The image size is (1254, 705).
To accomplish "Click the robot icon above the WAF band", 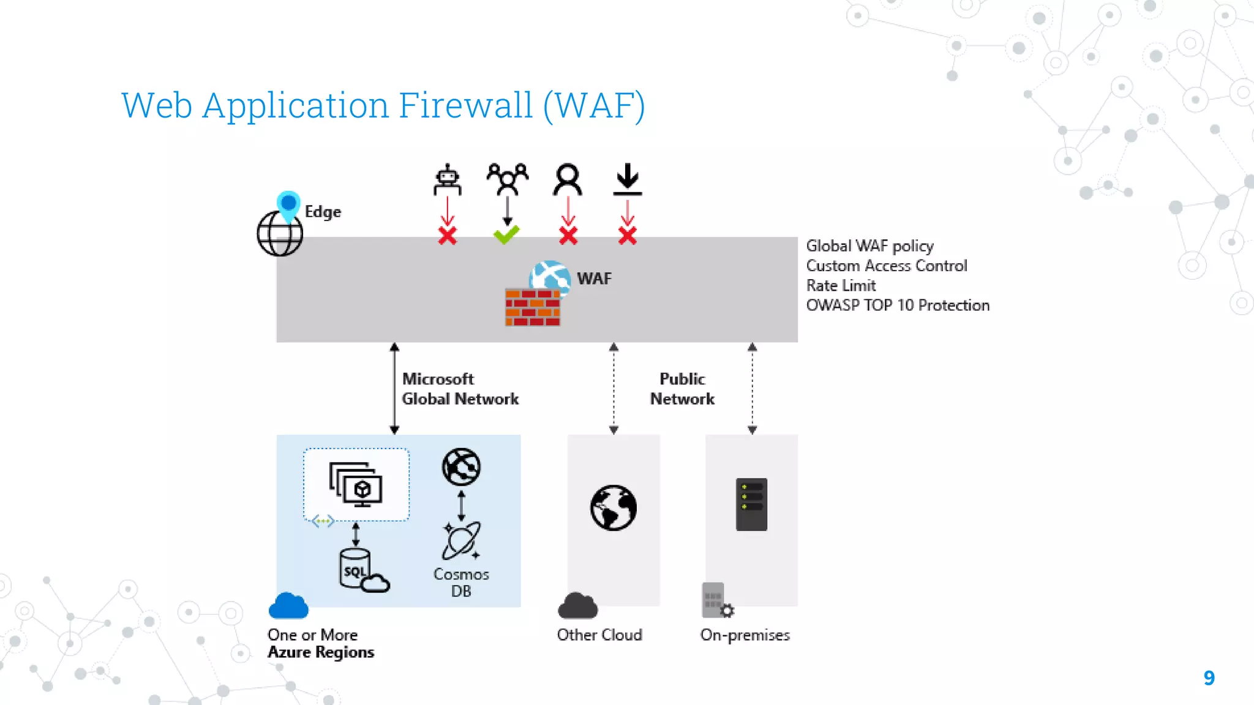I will tap(447, 179).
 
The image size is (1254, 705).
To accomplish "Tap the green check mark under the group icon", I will tap(506, 234).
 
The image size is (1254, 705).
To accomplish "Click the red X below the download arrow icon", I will tap(628, 236).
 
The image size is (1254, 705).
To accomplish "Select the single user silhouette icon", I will tap(568, 179).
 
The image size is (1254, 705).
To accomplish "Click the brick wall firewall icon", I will tap(532, 307).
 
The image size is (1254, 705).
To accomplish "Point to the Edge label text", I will tap(323, 212).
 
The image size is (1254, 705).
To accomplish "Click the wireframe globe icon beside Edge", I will tap(280, 233).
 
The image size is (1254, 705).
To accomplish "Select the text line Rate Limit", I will tap(841, 286).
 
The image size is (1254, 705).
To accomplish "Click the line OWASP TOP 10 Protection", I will tap(898, 305).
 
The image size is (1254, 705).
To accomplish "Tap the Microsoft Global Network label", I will tap(460, 389).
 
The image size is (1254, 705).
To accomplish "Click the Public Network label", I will tap(682, 389).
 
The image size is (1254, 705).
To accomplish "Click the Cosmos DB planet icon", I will tap(462, 541).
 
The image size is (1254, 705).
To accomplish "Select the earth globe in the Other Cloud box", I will tap(614, 507).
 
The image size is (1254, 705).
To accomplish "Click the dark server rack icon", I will tap(751, 504).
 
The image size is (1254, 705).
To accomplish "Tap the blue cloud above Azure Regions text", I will tap(288, 606).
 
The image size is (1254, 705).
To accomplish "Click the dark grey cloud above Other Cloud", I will tap(577, 606).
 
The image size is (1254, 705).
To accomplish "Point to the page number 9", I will tap(1209, 678).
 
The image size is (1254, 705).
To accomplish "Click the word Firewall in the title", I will tap(466, 105).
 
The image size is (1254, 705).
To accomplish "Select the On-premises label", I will tap(745, 635).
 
